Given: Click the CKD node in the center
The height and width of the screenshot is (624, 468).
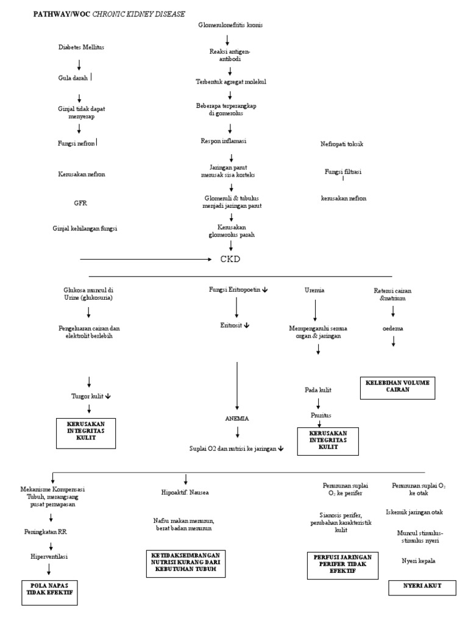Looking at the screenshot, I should click(x=230, y=259).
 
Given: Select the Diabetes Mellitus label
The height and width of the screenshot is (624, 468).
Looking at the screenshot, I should click(x=81, y=48).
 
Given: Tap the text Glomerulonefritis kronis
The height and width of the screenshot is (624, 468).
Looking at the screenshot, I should click(x=230, y=25).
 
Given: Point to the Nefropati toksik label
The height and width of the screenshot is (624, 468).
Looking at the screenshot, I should click(x=342, y=144).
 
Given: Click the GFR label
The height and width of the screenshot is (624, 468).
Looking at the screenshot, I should click(x=81, y=203).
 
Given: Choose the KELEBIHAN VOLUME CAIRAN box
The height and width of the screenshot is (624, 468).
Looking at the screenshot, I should click(x=397, y=386).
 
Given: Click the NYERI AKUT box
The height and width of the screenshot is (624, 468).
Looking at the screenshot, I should click(x=422, y=586).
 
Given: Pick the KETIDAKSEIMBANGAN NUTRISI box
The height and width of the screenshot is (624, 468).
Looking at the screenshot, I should click(x=186, y=564).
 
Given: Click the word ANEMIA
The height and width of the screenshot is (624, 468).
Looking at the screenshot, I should click(x=237, y=419).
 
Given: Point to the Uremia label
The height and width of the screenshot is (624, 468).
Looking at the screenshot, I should click(x=314, y=290).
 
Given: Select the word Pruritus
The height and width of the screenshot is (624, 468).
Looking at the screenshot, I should click(x=316, y=415).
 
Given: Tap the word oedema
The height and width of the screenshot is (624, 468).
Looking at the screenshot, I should click(x=392, y=328).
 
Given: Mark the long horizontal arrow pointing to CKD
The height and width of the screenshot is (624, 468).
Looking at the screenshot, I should click(x=146, y=260).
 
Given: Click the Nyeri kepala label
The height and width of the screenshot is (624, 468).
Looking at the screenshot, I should click(x=418, y=560).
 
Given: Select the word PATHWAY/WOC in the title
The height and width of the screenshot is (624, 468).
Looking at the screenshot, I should click(x=61, y=13).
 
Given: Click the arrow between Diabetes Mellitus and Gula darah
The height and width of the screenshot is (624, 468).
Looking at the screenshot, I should click(x=79, y=64).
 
